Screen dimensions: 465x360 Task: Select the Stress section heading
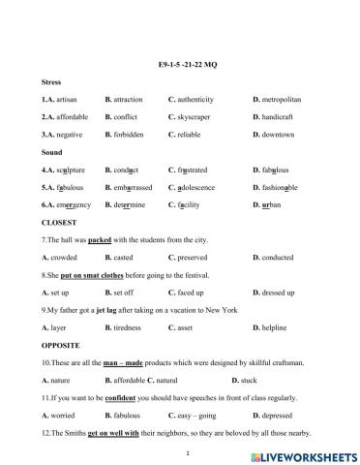click(x=52, y=82)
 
